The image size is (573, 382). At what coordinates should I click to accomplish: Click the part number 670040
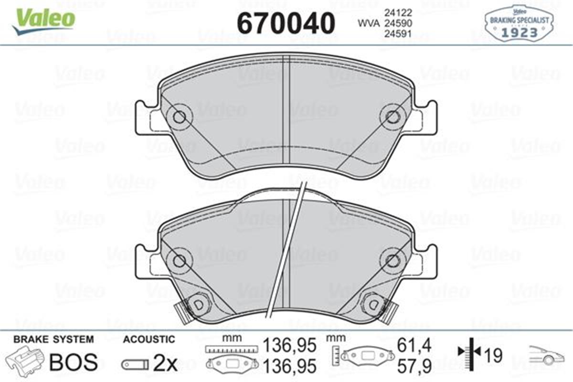tap(286, 22)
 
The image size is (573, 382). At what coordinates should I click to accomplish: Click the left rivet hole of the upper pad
tap(179, 117)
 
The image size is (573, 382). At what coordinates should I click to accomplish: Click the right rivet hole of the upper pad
tap(392, 117)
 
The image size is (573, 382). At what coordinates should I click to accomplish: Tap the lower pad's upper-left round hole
tap(179, 260)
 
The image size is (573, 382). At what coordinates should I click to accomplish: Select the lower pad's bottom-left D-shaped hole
tap(196, 304)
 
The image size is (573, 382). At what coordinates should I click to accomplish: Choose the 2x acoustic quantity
tap(165, 364)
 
